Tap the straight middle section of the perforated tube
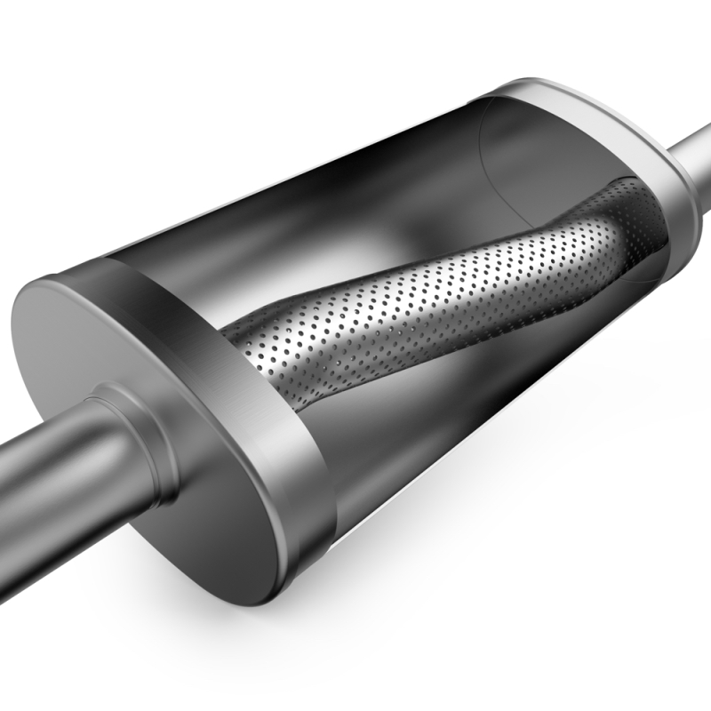tap(427, 293)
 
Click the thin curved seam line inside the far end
tap(484, 164)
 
